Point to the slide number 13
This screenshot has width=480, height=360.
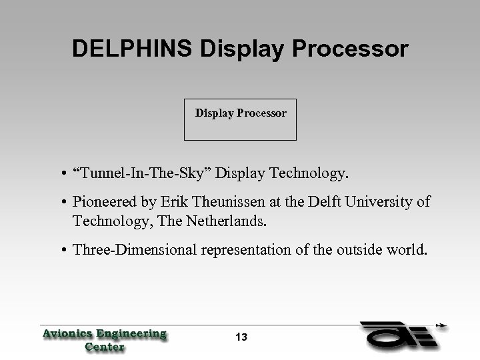click(241, 337)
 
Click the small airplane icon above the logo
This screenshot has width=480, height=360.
click(440, 326)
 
